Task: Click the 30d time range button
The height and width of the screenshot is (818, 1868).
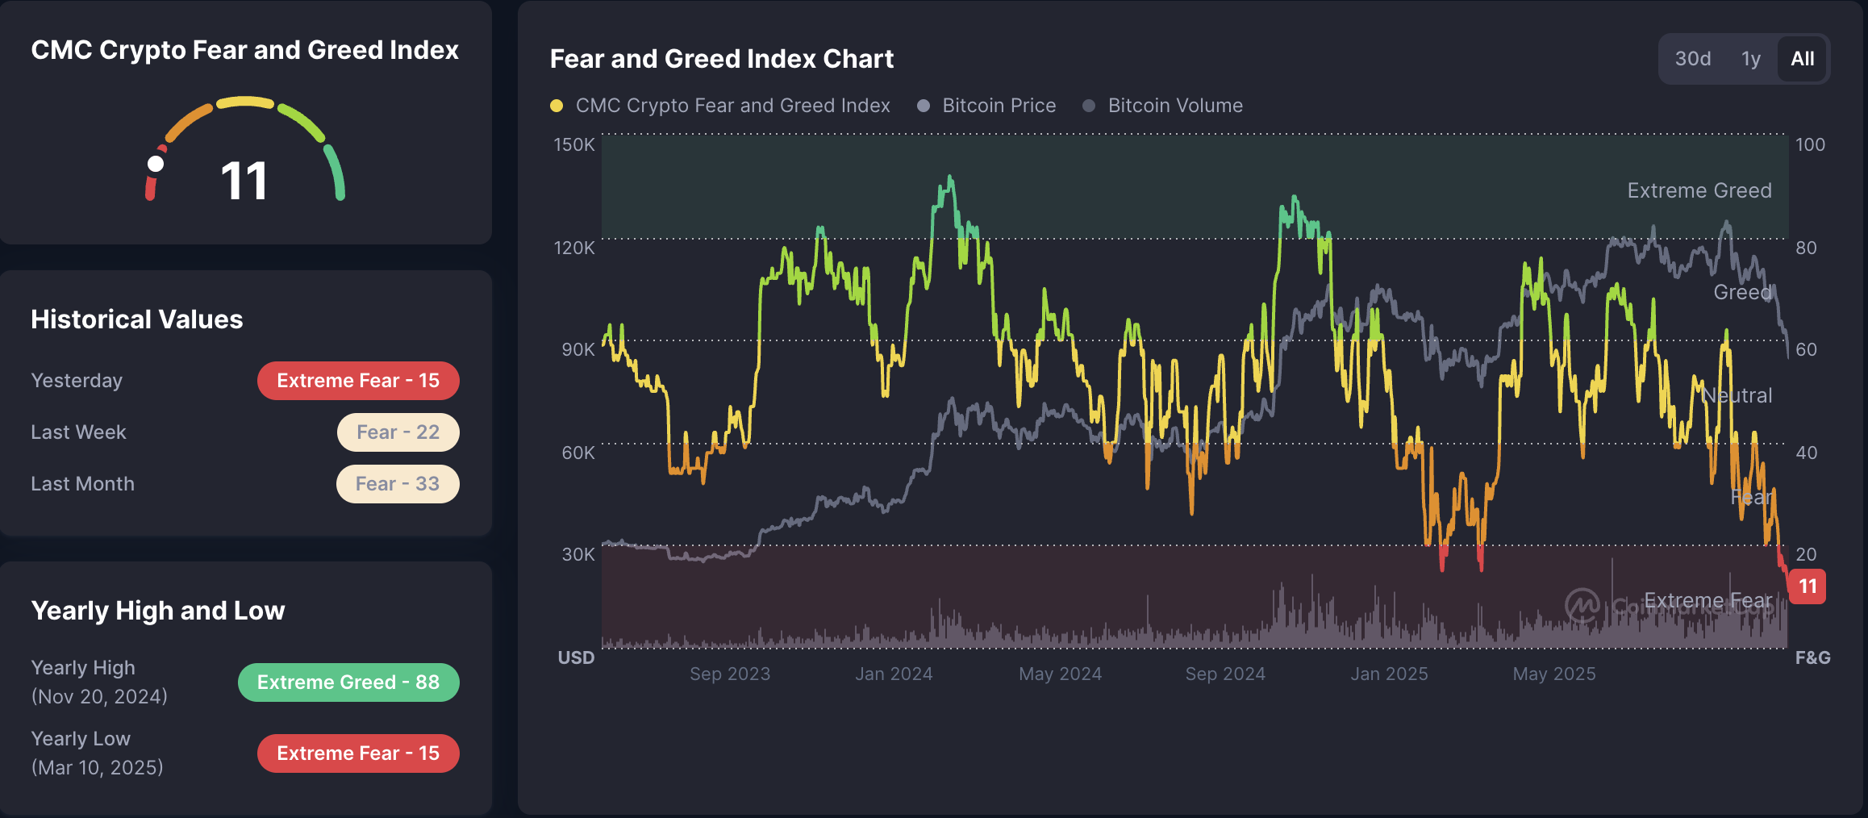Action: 1692,59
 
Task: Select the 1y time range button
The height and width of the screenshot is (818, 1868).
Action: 1750,59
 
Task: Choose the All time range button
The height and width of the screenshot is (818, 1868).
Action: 1802,59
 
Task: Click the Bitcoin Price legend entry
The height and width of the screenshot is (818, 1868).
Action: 999,106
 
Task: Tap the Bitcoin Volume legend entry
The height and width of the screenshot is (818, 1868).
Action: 1174,106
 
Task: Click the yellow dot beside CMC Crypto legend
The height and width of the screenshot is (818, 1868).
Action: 557,106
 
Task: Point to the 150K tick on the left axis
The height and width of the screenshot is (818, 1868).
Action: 573,144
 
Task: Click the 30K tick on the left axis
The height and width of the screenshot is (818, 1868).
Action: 577,554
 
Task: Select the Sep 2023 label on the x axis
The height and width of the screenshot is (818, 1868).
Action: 730,674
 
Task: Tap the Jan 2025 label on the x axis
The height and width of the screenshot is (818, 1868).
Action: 1389,674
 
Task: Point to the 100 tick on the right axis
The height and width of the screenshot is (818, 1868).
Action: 1810,144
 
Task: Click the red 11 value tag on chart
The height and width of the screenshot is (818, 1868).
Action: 1808,586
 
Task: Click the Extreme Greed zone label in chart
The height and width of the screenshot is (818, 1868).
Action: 1699,190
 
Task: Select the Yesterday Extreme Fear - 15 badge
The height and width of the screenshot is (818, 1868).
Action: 358,381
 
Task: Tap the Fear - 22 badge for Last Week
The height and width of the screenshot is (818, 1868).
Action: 398,432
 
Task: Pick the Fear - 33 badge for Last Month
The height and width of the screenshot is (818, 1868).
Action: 398,484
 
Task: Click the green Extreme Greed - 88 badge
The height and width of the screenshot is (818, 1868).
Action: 348,682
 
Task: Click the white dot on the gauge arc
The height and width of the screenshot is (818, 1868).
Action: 156,164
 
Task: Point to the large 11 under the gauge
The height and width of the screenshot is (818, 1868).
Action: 244,181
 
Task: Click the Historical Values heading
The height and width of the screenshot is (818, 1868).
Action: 136,319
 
